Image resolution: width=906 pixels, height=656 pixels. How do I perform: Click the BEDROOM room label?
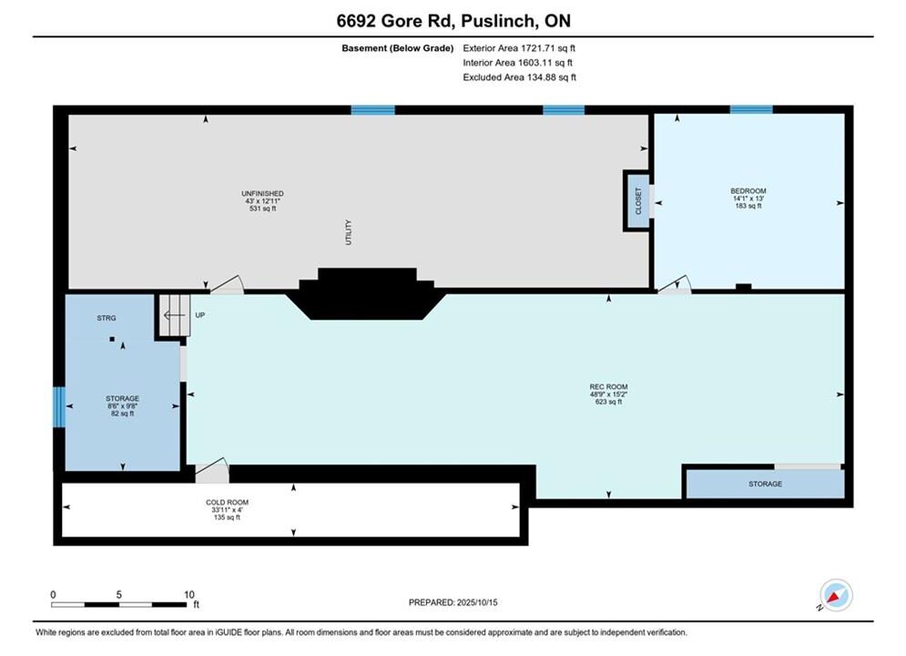click(x=748, y=190)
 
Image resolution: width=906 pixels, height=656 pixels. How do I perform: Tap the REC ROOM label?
click(x=608, y=386)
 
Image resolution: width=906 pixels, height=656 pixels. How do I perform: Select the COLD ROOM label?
click(x=227, y=502)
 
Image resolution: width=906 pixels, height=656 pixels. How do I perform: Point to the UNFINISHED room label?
click(x=262, y=194)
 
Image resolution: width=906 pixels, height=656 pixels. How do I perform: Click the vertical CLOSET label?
click(x=638, y=200)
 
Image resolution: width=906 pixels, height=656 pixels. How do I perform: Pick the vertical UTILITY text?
click(x=349, y=232)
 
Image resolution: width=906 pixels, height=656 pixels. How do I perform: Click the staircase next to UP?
click(x=175, y=315)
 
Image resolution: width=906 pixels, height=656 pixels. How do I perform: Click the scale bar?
click(x=119, y=605)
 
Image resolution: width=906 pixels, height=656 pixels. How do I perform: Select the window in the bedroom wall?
click(x=751, y=110)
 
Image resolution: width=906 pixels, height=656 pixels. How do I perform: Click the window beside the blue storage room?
click(x=59, y=407)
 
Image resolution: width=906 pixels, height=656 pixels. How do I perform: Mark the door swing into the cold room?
click(x=212, y=470)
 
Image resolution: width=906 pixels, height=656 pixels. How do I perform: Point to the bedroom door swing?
click(x=675, y=284)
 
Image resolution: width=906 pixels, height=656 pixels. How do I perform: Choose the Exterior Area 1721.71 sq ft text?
click(x=519, y=48)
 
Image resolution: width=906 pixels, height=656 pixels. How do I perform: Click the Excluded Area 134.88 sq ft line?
click(x=519, y=77)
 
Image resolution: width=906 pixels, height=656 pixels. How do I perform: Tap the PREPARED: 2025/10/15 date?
click(x=453, y=602)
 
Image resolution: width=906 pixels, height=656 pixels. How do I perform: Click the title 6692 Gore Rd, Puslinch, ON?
click(x=453, y=21)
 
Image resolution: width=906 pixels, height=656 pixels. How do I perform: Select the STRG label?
click(x=107, y=318)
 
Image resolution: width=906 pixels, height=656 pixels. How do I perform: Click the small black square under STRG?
click(x=112, y=339)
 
